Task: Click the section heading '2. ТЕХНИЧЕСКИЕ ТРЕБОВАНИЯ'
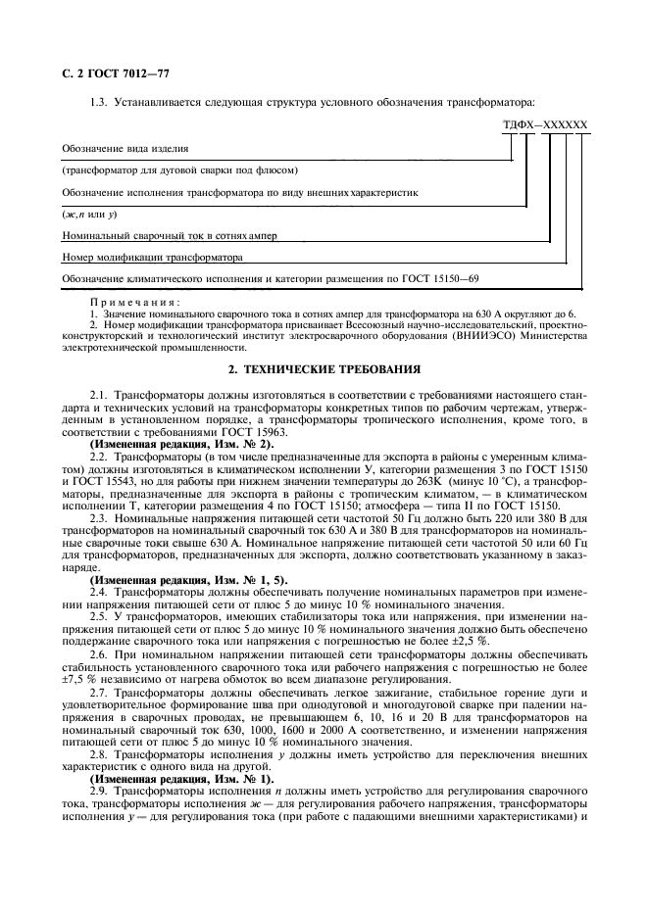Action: (324, 370)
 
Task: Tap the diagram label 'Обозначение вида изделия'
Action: (125, 149)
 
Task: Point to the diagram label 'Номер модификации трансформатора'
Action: (151, 260)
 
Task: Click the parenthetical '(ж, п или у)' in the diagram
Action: (89, 215)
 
